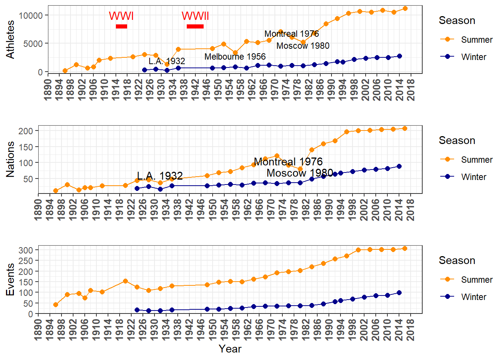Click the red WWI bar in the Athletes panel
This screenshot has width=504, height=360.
(x=121, y=26)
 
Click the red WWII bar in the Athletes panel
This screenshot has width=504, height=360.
(x=195, y=26)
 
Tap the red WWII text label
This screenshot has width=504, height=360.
(x=195, y=16)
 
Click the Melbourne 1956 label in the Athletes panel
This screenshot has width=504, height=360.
(x=235, y=57)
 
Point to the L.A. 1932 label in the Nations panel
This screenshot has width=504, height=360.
(x=160, y=176)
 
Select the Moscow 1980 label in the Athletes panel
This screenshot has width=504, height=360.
(x=303, y=46)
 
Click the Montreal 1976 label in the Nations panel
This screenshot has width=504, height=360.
(x=288, y=162)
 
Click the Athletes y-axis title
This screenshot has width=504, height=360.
(x=10, y=39)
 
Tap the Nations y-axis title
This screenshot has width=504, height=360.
(x=10, y=159)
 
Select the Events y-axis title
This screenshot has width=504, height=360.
(x=10, y=279)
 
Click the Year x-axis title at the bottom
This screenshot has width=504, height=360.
(x=230, y=349)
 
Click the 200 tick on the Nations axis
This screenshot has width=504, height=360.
(x=26, y=131)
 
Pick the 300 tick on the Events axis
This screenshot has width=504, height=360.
(x=26, y=250)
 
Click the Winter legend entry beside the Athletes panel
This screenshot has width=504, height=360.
(x=473, y=57)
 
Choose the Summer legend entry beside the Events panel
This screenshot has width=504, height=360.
(x=476, y=280)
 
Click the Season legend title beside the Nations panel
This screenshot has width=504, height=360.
(x=457, y=141)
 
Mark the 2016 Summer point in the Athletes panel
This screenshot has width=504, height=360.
(x=405, y=9)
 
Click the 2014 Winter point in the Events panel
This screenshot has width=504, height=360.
(x=399, y=292)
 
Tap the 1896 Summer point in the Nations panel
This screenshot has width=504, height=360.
(x=55, y=191)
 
